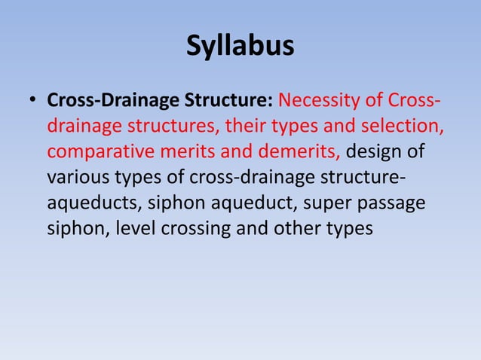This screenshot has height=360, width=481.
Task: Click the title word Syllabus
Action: pyautogui.click(x=240, y=47)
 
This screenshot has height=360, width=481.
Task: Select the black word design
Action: pyautogui.click(x=376, y=151)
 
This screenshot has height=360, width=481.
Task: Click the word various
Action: pyautogui.click(x=80, y=177)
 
